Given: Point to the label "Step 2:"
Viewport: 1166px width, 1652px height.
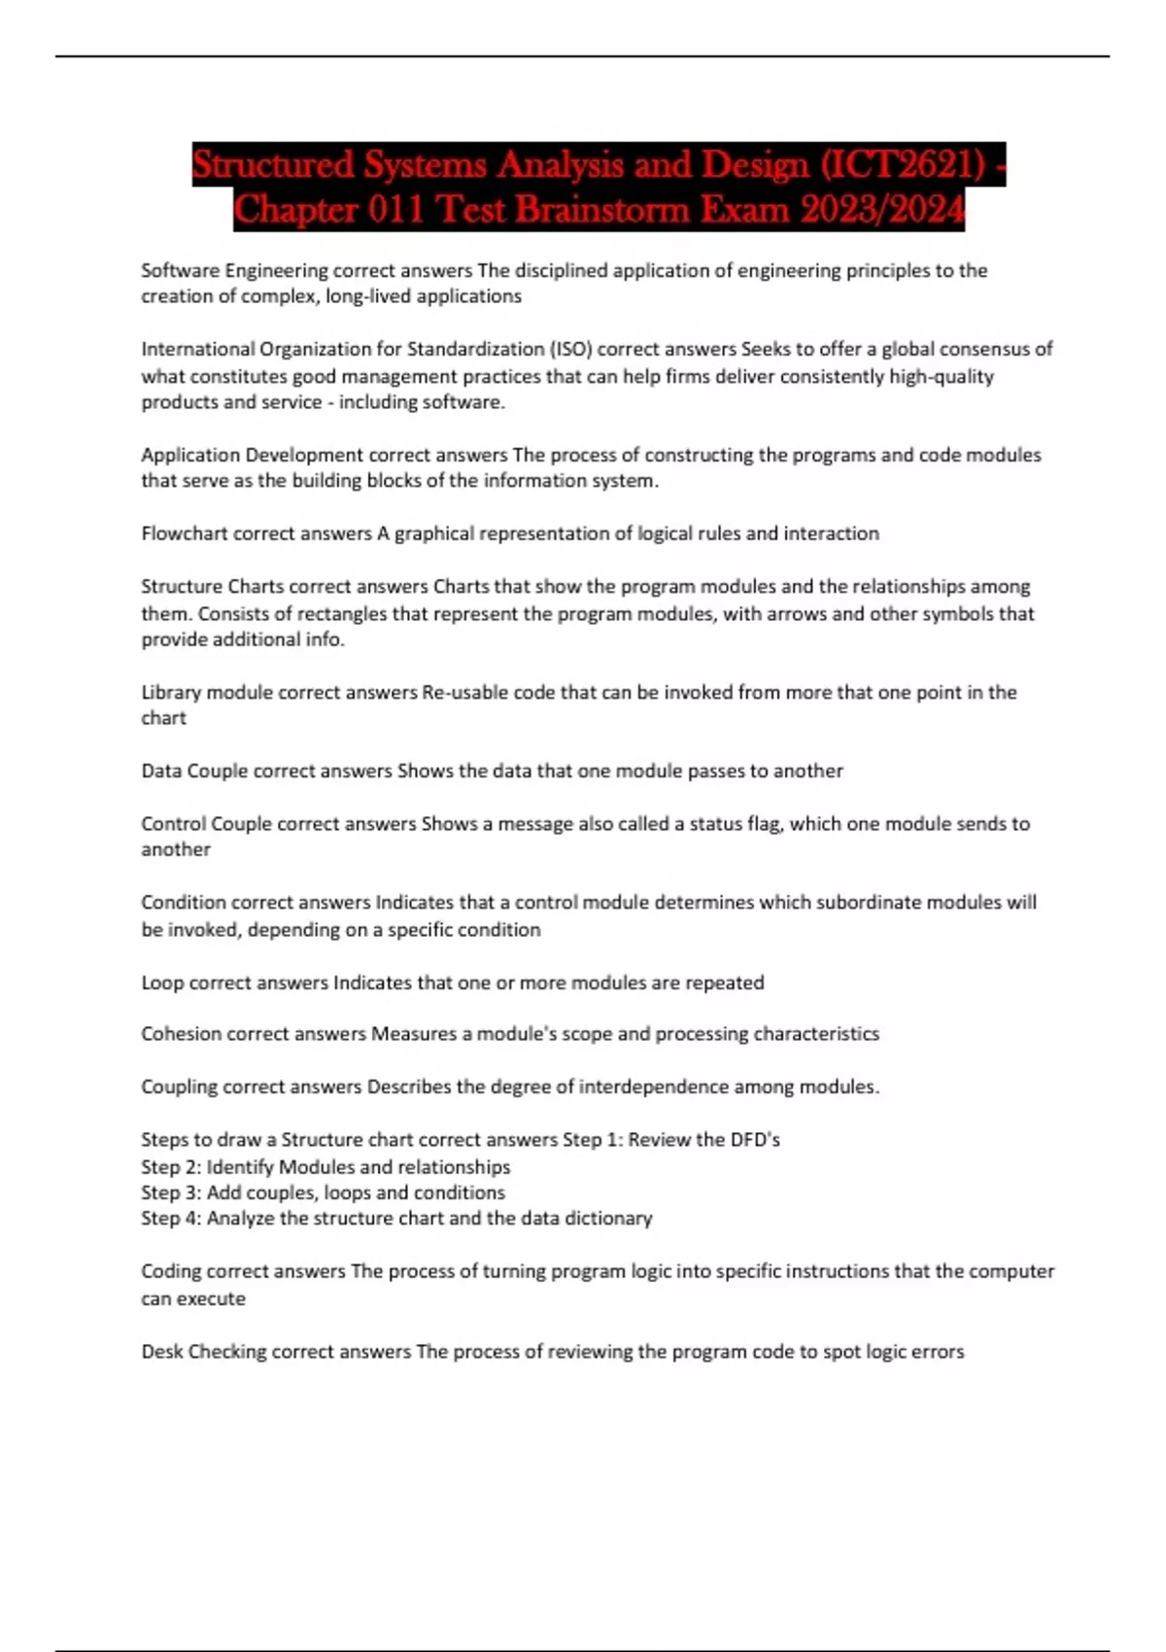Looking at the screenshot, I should click(x=171, y=1167).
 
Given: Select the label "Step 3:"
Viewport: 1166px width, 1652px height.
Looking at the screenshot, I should click(x=171, y=1192).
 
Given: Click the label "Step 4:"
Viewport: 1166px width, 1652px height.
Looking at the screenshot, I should click(x=171, y=1218).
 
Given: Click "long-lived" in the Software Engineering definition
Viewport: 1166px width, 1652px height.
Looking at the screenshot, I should click(x=368, y=296).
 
